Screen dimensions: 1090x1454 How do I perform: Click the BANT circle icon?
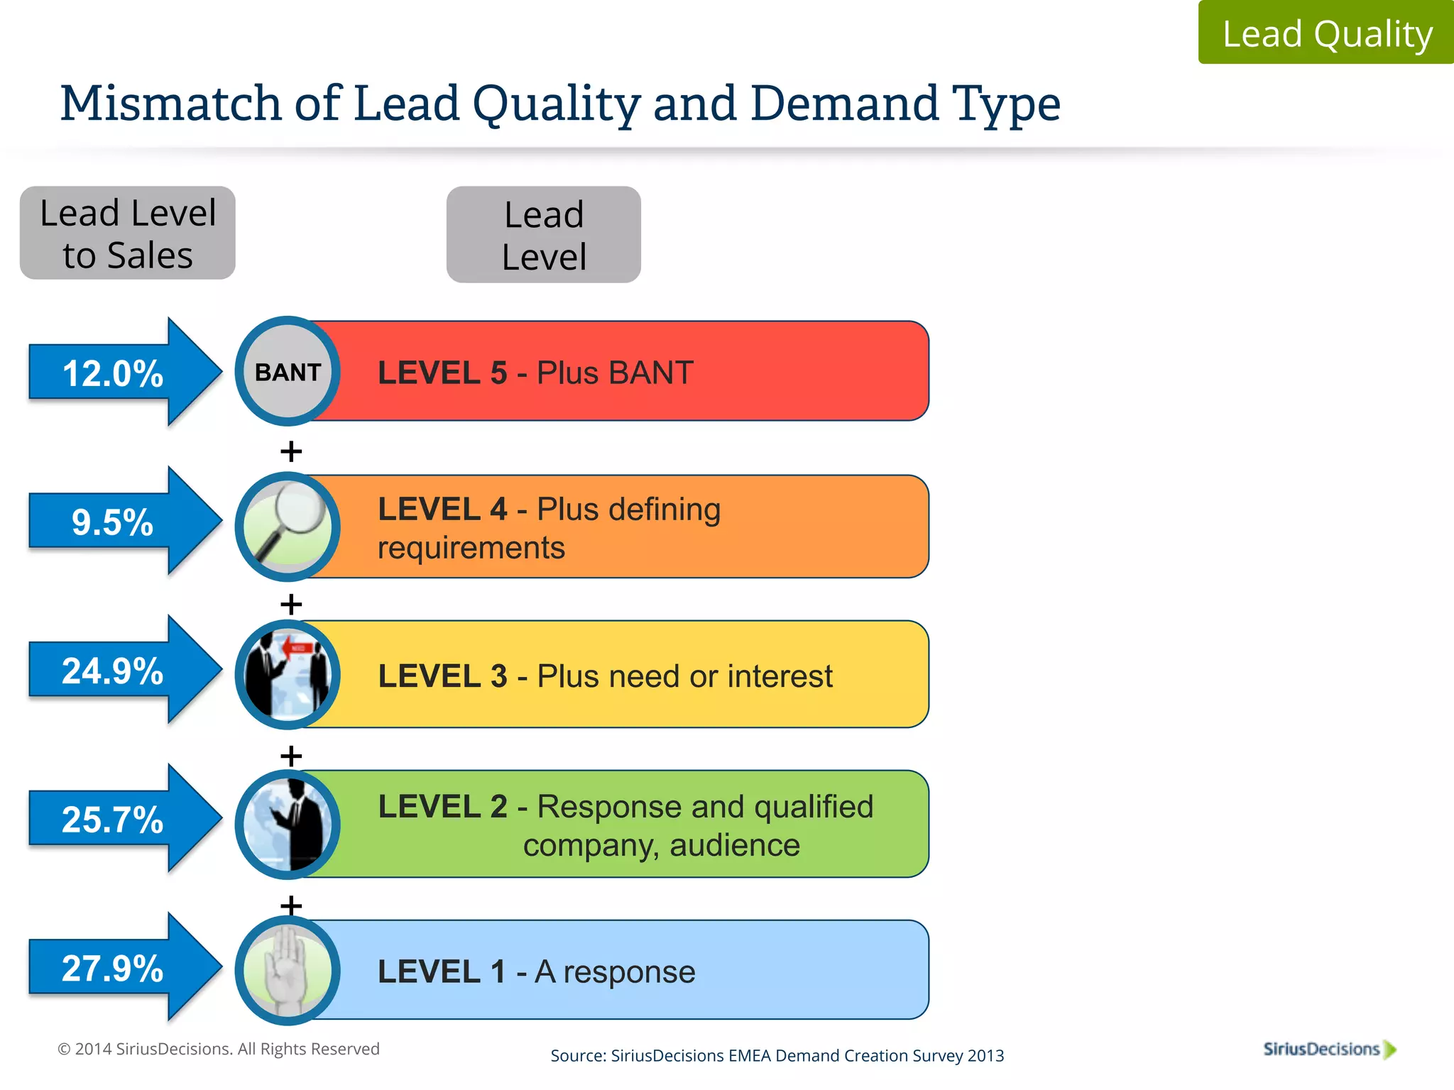coord(288,371)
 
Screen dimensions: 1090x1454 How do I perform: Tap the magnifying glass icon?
coord(288,527)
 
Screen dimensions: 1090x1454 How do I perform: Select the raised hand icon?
coord(288,971)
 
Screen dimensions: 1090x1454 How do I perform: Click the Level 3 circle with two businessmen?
coord(288,674)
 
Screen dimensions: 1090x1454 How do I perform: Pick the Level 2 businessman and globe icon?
coord(288,825)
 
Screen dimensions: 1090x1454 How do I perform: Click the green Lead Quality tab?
coord(1326,33)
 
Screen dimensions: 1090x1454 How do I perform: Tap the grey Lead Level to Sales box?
coord(128,233)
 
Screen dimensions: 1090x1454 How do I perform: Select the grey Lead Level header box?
coord(544,235)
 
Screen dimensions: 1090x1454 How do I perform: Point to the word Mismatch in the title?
coord(171,104)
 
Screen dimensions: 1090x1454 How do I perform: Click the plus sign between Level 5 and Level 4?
coord(291,451)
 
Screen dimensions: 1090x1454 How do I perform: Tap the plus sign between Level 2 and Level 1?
coord(291,905)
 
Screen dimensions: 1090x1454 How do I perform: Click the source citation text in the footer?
coord(777,1055)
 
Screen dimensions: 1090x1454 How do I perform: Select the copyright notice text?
coord(219,1049)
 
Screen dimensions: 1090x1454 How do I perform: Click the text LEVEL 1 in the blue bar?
coord(442,971)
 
